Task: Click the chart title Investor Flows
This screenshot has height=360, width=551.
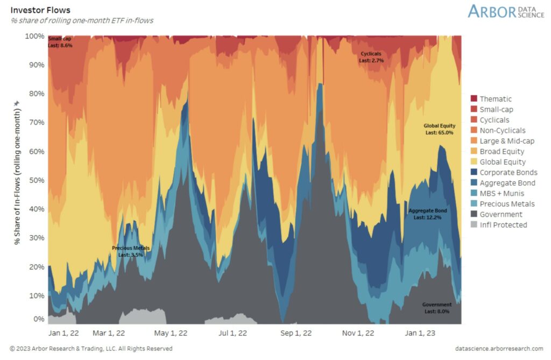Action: (40, 10)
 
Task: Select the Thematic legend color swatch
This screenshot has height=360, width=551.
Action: (474, 99)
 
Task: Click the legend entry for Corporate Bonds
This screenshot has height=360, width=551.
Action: (508, 173)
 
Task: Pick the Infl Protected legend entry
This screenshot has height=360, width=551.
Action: (503, 225)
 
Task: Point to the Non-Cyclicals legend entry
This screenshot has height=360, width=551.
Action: (502, 131)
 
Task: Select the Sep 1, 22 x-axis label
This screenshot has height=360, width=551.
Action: (296, 333)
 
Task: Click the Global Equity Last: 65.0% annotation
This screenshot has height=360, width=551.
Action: (439, 129)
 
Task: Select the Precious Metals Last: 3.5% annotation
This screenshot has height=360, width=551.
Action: (131, 251)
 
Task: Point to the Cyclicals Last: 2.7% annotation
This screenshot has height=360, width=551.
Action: (371, 58)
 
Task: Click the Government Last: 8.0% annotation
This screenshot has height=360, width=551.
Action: (436, 308)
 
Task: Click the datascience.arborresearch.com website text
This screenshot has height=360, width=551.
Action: (499, 349)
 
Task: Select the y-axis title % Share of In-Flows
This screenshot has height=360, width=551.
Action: (17, 173)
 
